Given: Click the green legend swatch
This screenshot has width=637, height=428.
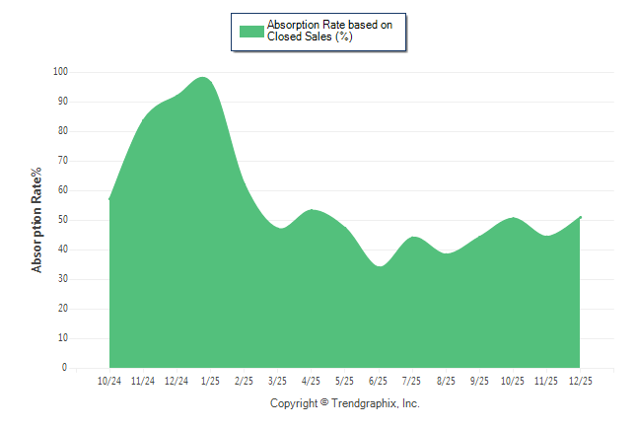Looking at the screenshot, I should click(251, 31).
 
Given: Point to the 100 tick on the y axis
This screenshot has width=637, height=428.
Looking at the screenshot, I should click(60, 72).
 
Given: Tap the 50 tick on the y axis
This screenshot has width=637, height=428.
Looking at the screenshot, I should click(62, 220).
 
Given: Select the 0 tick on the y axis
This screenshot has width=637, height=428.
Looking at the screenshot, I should click(64, 368).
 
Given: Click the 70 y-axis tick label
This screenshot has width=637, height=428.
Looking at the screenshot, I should click(62, 161).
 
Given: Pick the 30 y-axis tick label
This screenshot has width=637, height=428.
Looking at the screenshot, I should click(62, 279).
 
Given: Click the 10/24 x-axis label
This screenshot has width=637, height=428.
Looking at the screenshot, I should click(109, 381).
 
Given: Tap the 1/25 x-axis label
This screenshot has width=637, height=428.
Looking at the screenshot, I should click(210, 381).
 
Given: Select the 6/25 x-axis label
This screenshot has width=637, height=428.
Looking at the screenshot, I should click(378, 381).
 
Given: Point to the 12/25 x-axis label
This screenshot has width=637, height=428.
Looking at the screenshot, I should click(580, 381).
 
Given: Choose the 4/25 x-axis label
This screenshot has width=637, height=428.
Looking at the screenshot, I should click(311, 381).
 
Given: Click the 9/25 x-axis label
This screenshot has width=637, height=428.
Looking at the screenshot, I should click(479, 381).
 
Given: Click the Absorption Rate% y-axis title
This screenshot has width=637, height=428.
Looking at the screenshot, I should click(37, 220).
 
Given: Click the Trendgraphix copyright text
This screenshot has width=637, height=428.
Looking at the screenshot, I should click(345, 403).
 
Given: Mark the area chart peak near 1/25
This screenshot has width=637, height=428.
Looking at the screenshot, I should click(203, 77).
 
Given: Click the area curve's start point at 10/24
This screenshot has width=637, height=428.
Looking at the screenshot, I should click(109, 199).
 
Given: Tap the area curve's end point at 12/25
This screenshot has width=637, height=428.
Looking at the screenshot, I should click(581, 217).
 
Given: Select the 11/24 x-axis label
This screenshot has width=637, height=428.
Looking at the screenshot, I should click(143, 381).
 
